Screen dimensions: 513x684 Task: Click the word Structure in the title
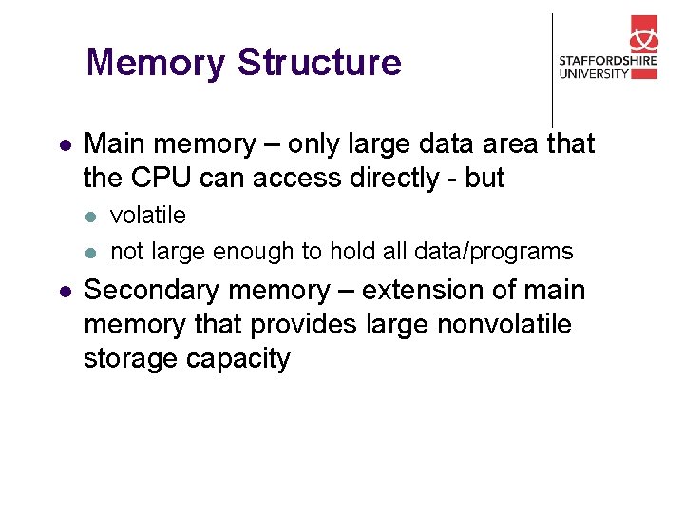click(x=319, y=63)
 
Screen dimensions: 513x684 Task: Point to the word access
click(x=267, y=178)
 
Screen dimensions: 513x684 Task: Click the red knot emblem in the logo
click(x=643, y=35)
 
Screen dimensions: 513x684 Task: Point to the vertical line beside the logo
click(x=552, y=70)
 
